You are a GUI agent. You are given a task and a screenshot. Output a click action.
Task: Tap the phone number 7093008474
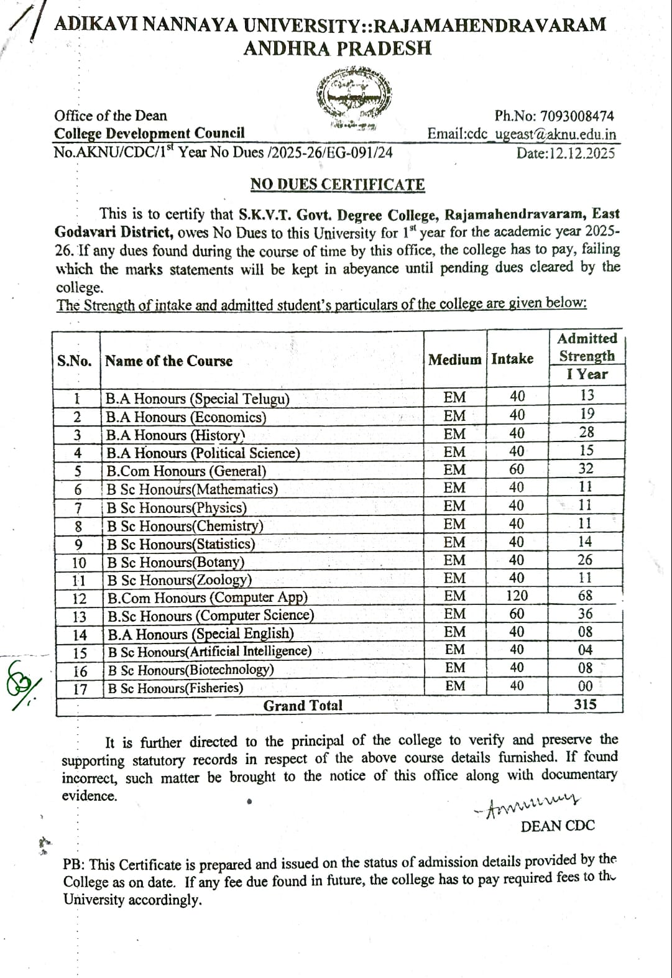pyautogui.click(x=578, y=116)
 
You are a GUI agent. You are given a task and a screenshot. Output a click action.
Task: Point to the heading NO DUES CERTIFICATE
pyautogui.click(x=338, y=185)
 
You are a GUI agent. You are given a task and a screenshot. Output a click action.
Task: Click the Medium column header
pyautogui.click(x=454, y=359)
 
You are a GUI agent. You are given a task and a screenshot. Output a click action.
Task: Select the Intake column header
pyautogui.click(x=512, y=359)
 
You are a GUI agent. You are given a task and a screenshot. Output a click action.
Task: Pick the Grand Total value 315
pyautogui.click(x=585, y=704)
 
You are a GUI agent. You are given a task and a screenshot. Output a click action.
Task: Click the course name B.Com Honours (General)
pyautogui.click(x=186, y=471)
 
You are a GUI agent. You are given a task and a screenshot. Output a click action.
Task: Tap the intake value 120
pyautogui.click(x=517, y=596)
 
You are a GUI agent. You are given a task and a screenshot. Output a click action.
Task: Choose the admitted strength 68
pyautogui.click(x=585, y=596)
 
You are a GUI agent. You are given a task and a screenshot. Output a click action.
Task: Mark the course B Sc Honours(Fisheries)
pyautogui.click(x=175, y=688)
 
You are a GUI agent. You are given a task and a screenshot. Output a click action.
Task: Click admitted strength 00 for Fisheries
pyautogui.click(x=585, y=686)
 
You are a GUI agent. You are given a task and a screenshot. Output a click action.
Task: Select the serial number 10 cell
pyautogui.click(x=79, y=563)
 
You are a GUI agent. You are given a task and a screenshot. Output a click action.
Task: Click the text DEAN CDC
pyautogui.click(x=557, y=826)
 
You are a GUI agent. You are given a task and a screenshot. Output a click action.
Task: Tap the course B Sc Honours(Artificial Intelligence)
pyautogui.click(x=209, y=652)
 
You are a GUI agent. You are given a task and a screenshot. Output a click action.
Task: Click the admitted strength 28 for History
pyautogui.click(x=586, y=432)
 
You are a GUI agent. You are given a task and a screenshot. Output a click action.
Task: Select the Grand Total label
pyautogui.click(x=303, y=706)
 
